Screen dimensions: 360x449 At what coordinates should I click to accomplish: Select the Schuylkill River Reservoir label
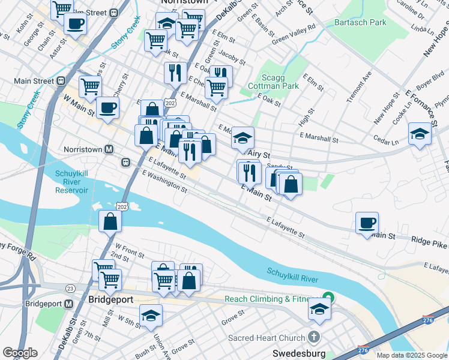tap(80, 182)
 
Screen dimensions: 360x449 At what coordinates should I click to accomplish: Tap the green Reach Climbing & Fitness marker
tap(328, 297)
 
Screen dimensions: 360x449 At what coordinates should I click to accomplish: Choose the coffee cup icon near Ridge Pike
tap(367, 223)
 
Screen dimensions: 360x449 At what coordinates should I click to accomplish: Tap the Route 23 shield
tap(70, 289)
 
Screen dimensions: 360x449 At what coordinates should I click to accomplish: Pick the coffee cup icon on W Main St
tap(107, 108)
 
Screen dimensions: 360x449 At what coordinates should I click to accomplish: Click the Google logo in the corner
tap(20, 353)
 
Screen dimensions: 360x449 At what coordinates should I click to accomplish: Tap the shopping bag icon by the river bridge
tap(110, 221)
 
